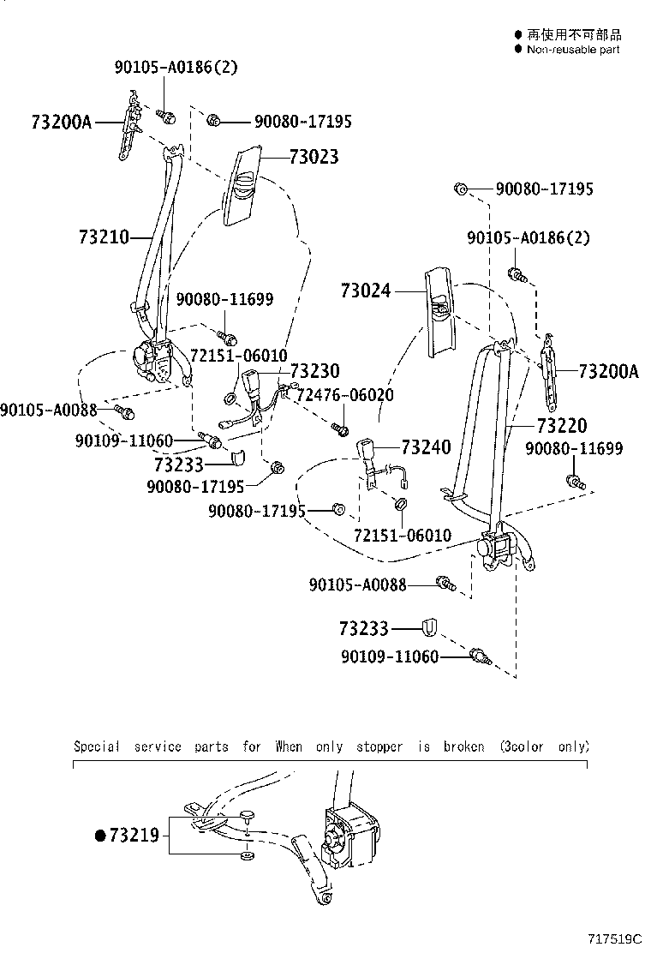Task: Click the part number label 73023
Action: pyautogui.click(x=314, y=157)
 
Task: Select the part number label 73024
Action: pyautogui.click(x=365, y=291)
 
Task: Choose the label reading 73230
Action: pyautogui.click(x=314, y=371)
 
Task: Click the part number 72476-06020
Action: pyautogui.click(x=345, y=395)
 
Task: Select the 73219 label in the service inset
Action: pyautogui.click(x=134, y=834)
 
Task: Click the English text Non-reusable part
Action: pyautogui.click(x=572, y=50)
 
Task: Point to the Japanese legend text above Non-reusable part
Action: pyautogui.click(x=574, y=35)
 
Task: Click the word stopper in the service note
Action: pyautogui.click(x=378, y=746)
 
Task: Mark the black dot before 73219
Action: pyautogui.click(x=100, y=834)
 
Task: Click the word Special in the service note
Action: pyautogui.click(x=96, y=746)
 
